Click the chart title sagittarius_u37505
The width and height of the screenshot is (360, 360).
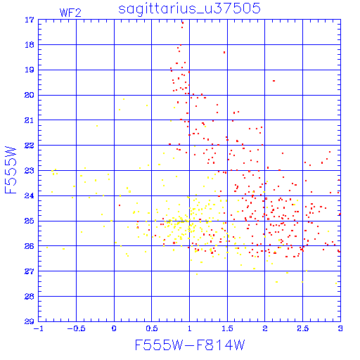click(189, 9)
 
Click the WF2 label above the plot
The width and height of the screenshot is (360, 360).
click(70, 13)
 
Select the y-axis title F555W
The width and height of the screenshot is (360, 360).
click(11, 170)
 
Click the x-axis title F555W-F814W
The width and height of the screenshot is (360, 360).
click(190, 345)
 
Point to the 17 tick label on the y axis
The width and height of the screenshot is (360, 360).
click(30, 20)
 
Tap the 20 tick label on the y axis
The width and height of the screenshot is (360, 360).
click(30, 95)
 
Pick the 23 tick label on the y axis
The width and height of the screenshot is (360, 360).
click(30, 171)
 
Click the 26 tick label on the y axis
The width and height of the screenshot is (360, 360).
click(30, 246)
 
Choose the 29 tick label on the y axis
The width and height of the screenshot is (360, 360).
click(30, 321)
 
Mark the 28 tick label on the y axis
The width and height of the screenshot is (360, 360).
click(30, 297)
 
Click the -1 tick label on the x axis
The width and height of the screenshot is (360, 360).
click(38, 328)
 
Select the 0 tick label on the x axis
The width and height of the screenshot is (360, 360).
click(114, 328)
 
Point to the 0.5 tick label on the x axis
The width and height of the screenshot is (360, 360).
click(152, 328)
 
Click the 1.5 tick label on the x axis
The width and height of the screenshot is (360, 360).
click(227, 328)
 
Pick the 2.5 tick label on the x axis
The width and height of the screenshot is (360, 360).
click(302, 328)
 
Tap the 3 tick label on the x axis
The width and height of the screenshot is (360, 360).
click(340, 328)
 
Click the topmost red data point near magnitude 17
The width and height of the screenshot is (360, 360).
click(183, 22)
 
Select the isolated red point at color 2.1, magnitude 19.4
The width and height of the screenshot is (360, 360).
click(274, 81)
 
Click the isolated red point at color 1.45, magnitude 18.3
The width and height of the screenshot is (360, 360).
click(224, 53)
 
